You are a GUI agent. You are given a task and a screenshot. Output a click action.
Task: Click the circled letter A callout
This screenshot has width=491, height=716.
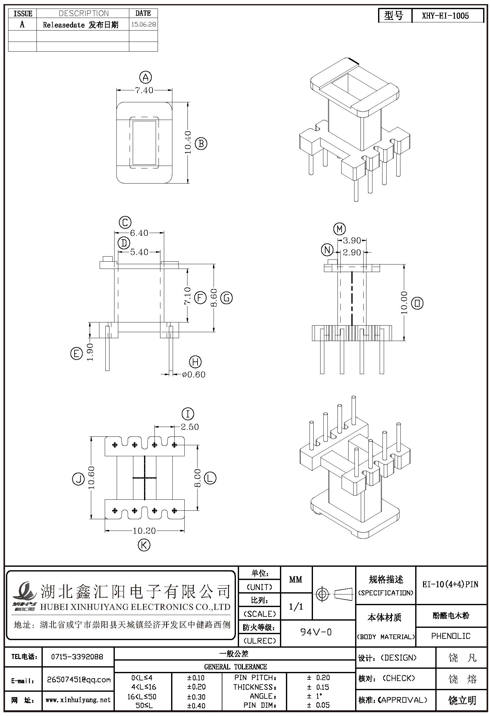(145, 77)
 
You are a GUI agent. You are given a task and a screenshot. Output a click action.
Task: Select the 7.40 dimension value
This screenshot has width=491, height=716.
(144, 90)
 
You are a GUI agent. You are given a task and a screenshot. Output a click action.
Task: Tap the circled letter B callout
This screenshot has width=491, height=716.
(201, 144)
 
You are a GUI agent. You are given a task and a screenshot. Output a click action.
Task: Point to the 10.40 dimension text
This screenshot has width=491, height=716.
(188, 142)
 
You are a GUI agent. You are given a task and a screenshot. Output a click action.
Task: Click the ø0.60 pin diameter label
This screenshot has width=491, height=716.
(194, 374)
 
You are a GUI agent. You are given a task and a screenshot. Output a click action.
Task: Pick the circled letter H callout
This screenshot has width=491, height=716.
(195, 362)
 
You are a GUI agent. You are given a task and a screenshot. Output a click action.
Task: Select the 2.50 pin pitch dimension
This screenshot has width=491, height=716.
(190, 427)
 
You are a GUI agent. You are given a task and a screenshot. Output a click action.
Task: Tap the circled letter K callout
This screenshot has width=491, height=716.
(144, 545)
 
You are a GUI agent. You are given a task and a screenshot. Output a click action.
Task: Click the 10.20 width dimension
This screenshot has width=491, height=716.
(144, 531)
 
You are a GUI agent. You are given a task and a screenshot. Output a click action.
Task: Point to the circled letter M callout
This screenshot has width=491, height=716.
(339, 229)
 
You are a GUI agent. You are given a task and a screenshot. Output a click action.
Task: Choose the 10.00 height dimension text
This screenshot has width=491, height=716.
(404, 303)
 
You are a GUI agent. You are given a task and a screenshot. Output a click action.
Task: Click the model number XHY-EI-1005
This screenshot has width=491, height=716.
(445, 16)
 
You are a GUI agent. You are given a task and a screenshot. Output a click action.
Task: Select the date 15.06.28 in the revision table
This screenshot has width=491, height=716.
(143, 25)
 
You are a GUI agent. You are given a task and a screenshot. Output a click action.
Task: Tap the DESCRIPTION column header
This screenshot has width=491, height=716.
(84, 13)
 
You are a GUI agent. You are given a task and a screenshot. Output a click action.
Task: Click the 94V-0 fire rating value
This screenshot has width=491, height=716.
(316, 632)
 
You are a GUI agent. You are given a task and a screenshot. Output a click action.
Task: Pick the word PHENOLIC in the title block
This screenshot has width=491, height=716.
(451, 636)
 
